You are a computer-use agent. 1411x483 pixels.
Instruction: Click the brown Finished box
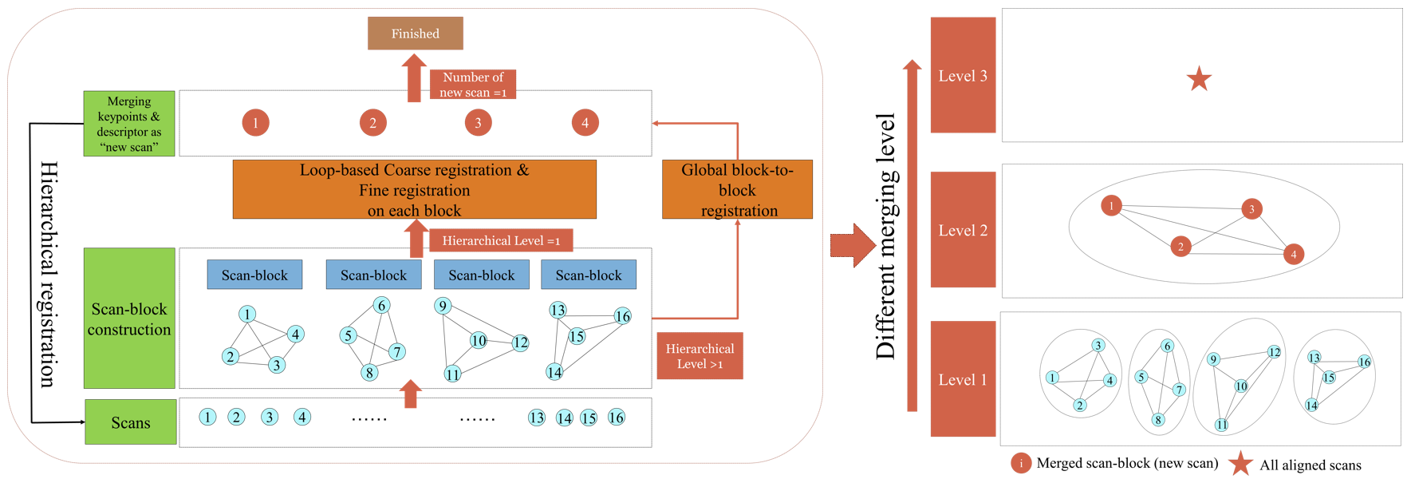click(415, 34)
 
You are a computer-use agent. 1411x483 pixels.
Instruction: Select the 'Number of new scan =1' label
click(473, 85)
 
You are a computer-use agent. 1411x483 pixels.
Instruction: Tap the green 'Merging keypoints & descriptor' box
click(129, 124)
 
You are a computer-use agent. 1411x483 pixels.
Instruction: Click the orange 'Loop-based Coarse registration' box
click(414, 190)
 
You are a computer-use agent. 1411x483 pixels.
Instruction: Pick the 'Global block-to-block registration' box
click(737, 190)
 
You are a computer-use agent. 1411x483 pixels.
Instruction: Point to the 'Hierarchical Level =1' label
click(501, 240)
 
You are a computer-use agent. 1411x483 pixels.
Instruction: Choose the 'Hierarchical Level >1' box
click(700, 356)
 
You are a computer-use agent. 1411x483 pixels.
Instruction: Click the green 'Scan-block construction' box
click(129, 319)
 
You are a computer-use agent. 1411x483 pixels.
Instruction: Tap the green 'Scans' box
click(131, 422)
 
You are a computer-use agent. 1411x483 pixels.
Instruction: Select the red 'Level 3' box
click(963, 76)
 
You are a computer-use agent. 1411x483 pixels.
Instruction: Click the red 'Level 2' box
click(963, 230)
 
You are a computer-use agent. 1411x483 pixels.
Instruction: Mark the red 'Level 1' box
click(963, 379)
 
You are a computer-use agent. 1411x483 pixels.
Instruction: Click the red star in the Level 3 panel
click(1199, 79)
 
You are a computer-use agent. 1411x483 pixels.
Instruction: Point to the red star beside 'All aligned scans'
click(1240, 464)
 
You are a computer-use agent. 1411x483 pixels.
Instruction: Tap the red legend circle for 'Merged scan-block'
click(1021, 464)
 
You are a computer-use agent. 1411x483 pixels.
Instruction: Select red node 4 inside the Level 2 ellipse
click(1294, 254)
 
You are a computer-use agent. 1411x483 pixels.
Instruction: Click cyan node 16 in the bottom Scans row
click(617, 418)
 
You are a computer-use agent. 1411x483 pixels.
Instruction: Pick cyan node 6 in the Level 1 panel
click(1168, 346)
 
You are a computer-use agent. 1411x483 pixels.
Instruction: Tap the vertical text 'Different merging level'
click(886, 236)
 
